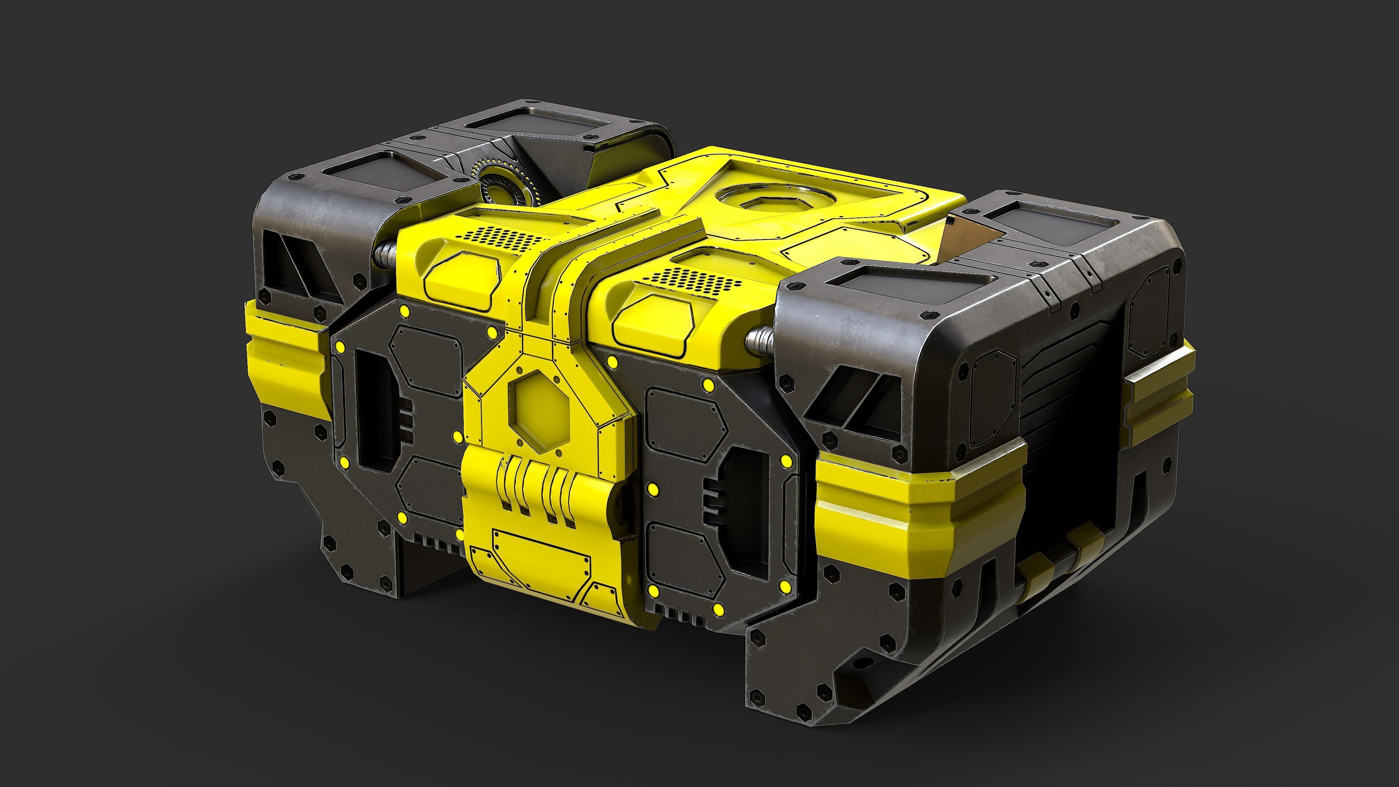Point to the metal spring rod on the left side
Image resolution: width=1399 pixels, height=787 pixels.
coord(384,252)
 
